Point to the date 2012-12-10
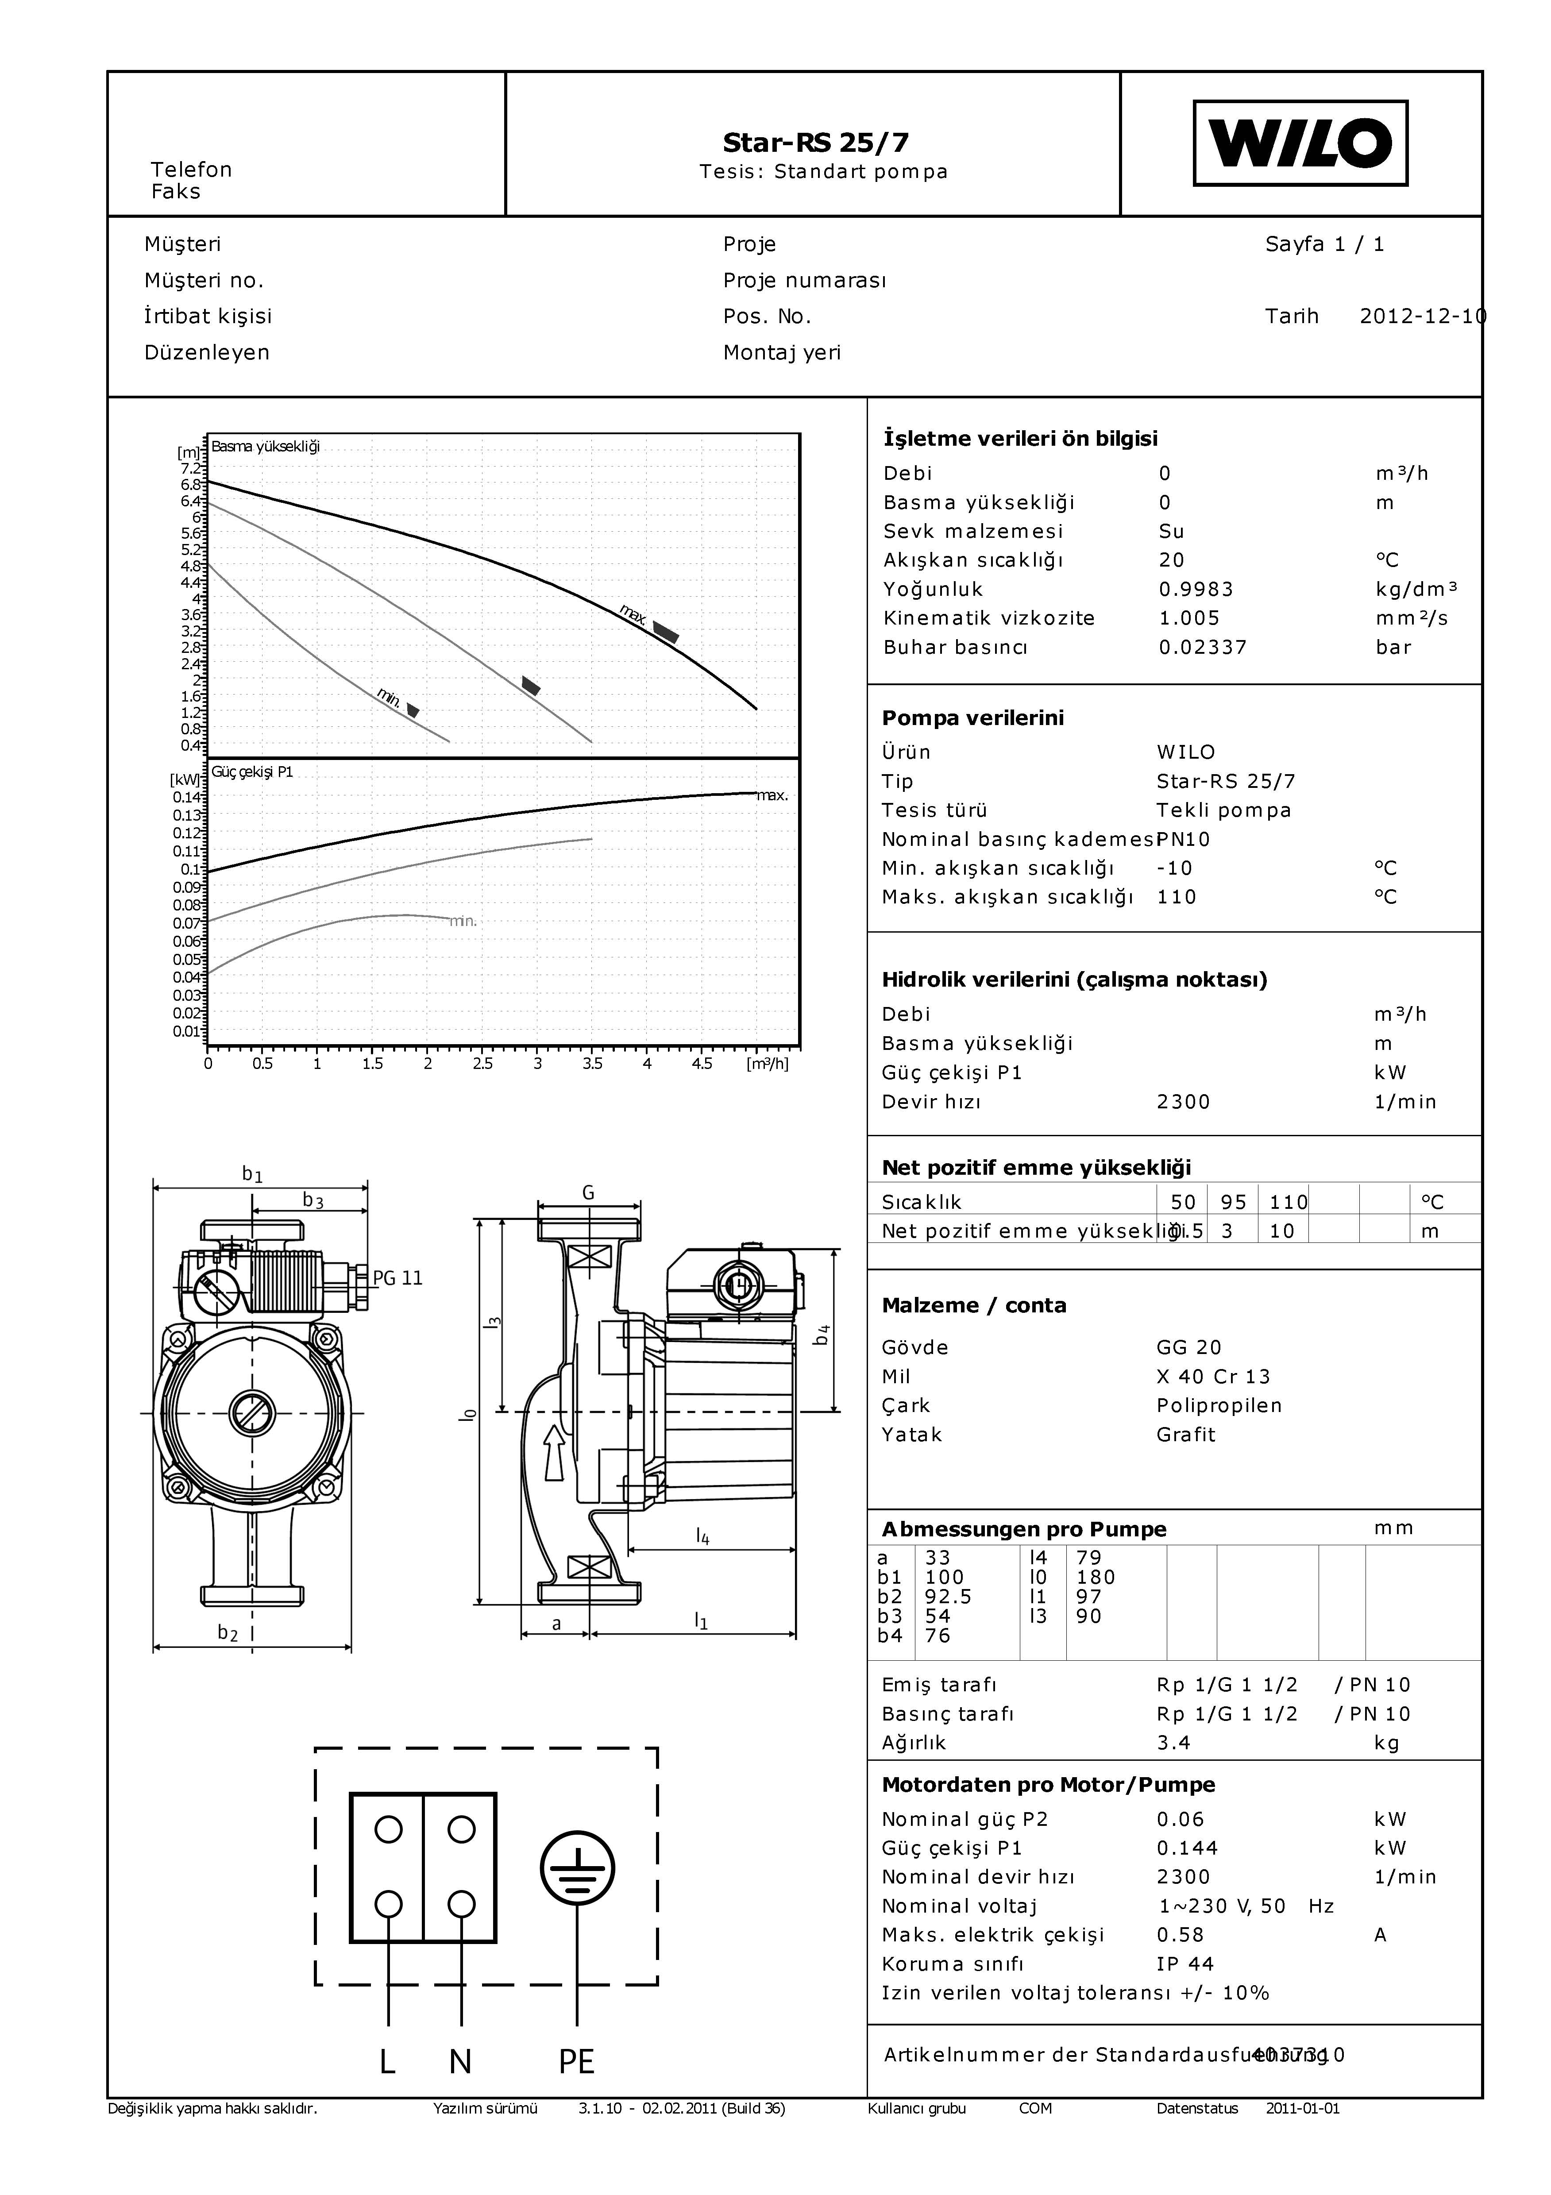click(x=1422, y=316)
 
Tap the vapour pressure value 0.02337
click(x=1202, y=647)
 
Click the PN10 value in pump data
click(x=1183, y=839)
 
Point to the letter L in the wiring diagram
click(x=387, y=2062)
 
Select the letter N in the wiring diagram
click(x=460, y=2062)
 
